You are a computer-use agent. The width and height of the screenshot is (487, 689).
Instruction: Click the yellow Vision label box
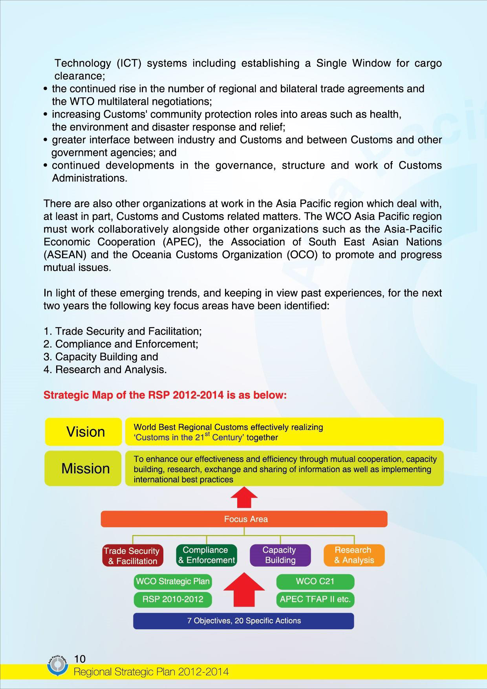coord(84,432)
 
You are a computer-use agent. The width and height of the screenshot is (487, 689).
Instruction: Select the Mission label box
coord(83,468)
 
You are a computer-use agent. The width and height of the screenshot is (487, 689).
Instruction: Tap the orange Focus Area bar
coord(244,519)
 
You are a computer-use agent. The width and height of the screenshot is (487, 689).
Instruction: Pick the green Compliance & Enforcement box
coord(207,555)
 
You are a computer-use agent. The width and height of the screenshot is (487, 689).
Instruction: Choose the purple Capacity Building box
coord(280,555)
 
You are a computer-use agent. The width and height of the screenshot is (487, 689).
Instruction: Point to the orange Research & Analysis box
coord(354,555)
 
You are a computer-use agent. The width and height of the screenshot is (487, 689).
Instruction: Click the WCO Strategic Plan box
coord(173,581)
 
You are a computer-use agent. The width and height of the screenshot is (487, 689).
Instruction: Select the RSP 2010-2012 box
coord(173,599)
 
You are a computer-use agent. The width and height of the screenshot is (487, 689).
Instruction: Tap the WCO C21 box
coord(315,581)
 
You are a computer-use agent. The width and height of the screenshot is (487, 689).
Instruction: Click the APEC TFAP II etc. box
coord(315,600)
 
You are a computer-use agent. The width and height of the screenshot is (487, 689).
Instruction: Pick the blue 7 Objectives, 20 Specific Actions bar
coord(243,621)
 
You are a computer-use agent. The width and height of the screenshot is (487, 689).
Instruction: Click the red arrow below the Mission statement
coord(244,497)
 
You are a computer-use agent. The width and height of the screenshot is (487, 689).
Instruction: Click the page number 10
coord(80,658)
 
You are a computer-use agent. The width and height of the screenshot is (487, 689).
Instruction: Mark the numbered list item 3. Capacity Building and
coord(101,357)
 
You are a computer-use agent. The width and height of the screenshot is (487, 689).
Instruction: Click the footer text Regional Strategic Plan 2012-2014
coord(151,672)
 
